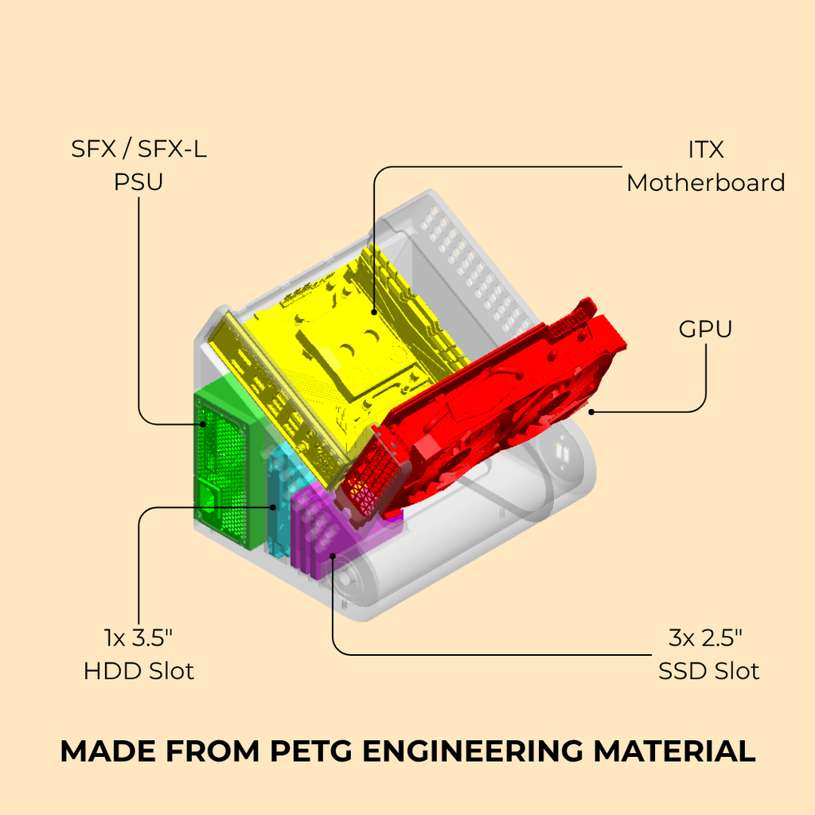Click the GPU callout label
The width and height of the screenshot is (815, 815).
click(705, 329)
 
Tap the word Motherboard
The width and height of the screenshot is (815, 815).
click(705, 183)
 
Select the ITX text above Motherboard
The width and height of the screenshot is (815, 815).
click(705, 150)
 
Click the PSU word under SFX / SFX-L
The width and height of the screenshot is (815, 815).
click(138, 182)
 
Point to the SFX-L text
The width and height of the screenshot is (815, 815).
click(172, 149)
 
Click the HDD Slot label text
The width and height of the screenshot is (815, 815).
click(138, 671)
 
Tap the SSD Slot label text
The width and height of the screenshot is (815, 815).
click(708, 671)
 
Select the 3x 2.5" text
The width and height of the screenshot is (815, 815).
click(705, 638)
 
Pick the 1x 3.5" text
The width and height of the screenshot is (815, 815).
click(138, 638)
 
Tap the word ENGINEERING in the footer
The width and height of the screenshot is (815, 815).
click(474, 751)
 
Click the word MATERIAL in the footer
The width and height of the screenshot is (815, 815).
click(675, 751)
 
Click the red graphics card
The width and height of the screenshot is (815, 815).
click(483, 411)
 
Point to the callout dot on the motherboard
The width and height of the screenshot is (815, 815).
click(374, 312)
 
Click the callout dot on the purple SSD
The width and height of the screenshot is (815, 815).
click(333, 556)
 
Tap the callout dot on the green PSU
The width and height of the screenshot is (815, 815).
click(204, 424)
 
